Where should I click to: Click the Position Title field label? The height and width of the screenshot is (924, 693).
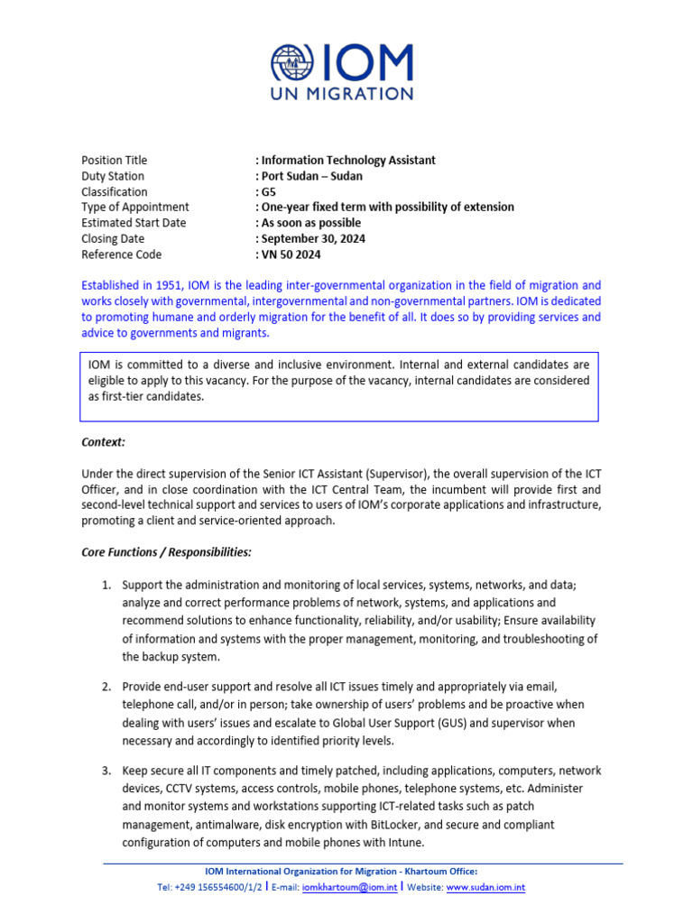coord(114,160)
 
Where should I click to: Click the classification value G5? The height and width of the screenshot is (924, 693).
coord(268,191)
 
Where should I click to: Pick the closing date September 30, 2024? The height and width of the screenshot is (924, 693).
coord(313,238)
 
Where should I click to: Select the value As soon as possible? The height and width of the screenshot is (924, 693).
coord(310,223)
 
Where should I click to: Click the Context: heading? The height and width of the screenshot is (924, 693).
coord(104,442)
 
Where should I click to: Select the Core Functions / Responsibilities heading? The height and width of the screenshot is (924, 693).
coord(167,551)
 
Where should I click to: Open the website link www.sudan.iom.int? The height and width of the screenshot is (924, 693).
coord(485,887)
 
